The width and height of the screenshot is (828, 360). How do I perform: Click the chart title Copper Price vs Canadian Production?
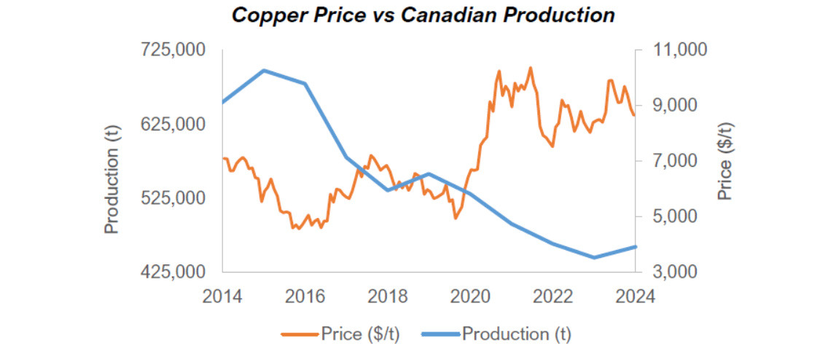coord(423,15)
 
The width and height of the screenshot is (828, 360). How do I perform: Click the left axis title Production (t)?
coord(111,178)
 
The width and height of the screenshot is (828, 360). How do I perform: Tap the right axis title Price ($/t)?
coord(724,162)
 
